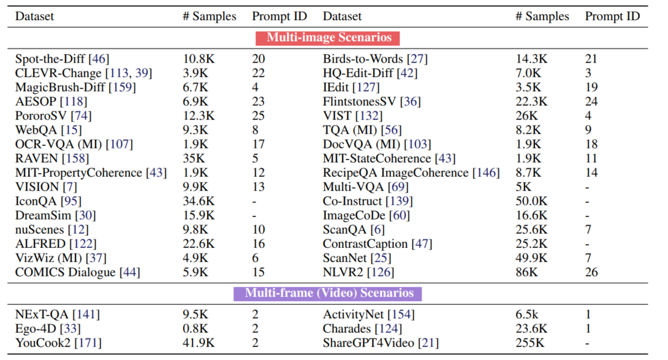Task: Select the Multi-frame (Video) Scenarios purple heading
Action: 333,293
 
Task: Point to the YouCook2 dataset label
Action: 43,343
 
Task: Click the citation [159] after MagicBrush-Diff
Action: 122,88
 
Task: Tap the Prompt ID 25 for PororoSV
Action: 259,116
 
